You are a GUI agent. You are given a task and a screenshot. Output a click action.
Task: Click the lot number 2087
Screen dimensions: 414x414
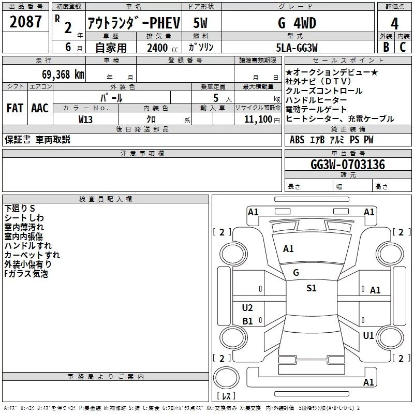26,23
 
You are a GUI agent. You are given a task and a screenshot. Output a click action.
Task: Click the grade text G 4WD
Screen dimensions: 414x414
297,23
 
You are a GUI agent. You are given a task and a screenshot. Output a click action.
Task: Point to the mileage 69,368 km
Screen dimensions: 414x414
60,74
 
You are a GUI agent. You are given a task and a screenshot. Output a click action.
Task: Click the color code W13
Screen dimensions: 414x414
86,119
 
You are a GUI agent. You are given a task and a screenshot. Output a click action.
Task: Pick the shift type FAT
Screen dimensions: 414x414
14,108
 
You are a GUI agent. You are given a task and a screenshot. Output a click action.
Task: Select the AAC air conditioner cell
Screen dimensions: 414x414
40,108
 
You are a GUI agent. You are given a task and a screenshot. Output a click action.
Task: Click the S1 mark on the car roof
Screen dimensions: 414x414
311,289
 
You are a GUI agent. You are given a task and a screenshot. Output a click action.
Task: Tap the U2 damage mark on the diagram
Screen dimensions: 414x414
247,308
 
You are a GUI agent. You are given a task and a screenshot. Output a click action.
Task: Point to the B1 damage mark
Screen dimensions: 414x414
247,321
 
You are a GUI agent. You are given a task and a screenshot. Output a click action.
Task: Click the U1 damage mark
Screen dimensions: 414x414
368,336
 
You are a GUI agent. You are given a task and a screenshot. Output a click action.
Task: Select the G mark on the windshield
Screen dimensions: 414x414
296,273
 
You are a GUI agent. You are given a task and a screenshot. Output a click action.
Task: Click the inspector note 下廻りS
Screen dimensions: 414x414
20,208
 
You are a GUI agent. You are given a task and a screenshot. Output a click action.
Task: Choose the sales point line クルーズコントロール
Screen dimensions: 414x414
324,91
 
